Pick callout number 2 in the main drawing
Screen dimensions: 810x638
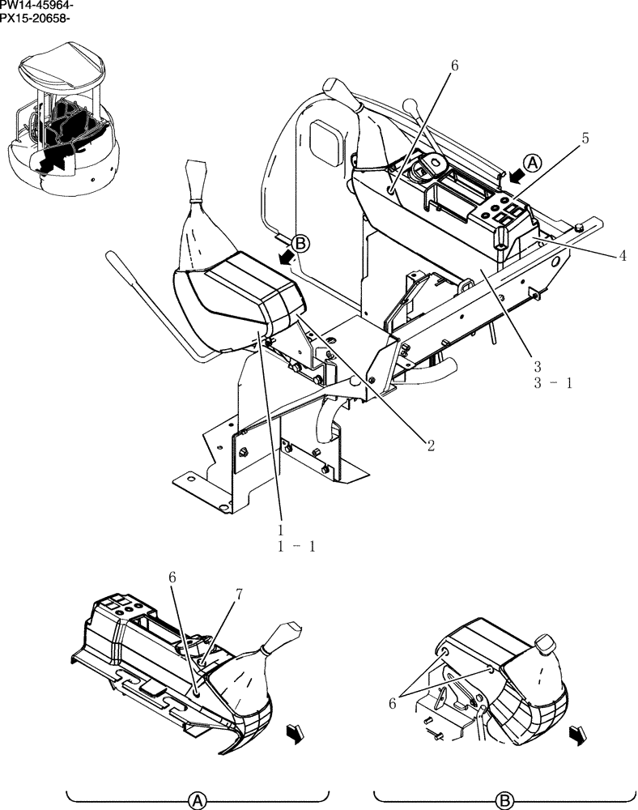click(431, 444)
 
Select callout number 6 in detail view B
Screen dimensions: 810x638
click(393, 704)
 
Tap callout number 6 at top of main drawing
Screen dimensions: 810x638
click(454, 66)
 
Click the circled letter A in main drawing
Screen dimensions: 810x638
click(531, 164)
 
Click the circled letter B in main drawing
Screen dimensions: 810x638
click(300, 242)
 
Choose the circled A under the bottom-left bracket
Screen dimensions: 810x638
click(196, 800)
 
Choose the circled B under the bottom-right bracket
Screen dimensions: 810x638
click(504, 800)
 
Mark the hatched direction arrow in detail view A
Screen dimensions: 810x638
click(294, 734)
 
